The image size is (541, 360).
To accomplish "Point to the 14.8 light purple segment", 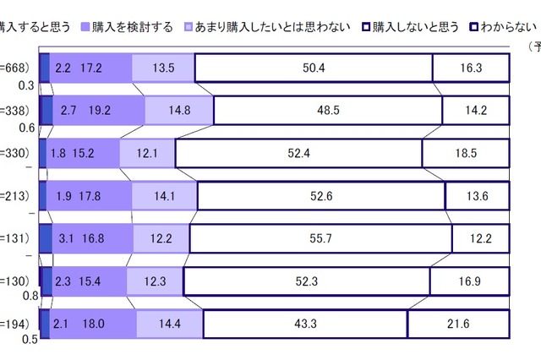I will [178, 111].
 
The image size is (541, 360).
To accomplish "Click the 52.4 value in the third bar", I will [298, 153].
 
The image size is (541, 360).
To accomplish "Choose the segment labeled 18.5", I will [466, 153].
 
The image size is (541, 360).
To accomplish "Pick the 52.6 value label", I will [321, 195].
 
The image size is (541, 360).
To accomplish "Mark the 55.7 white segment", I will [320, 237].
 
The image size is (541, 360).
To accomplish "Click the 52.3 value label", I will [306, 280].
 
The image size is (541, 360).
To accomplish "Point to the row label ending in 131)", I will [16, 237].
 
